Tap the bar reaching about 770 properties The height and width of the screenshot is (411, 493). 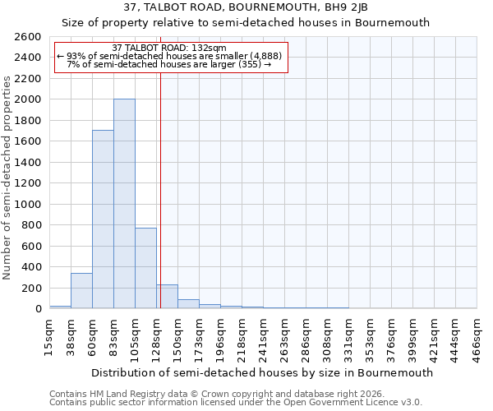145,268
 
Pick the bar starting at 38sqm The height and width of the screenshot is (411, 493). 81,291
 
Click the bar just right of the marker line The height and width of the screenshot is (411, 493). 168,297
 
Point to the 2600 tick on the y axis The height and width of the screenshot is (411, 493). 29,37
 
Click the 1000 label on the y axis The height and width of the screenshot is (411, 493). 29,204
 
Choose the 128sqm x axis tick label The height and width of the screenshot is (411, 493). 156,335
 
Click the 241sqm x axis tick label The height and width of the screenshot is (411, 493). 263,335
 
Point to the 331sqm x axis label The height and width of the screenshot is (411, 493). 348,335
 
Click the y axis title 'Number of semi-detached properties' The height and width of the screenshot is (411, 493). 7,177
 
